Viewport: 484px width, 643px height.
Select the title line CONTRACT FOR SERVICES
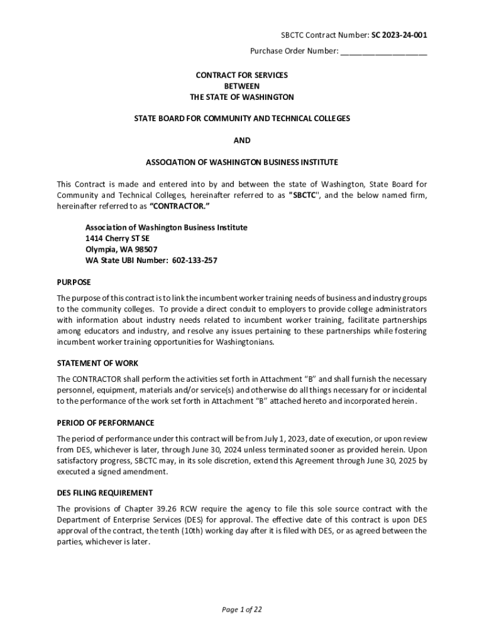tap(242, 75)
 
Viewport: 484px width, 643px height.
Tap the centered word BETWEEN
tap(242, 86)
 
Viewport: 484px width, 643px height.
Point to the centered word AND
tap(242, 140)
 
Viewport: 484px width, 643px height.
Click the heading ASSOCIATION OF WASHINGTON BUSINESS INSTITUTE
tap(242, 162)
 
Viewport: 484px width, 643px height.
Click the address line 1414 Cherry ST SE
tap(118, 238)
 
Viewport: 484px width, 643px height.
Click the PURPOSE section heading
tap(74, 282)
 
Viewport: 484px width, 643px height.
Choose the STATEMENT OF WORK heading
tap(97, 363)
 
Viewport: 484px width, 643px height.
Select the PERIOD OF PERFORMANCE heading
tap(106, 423)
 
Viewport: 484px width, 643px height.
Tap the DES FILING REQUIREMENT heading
tap(104, 493)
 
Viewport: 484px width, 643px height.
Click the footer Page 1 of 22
tap(242, 609)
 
